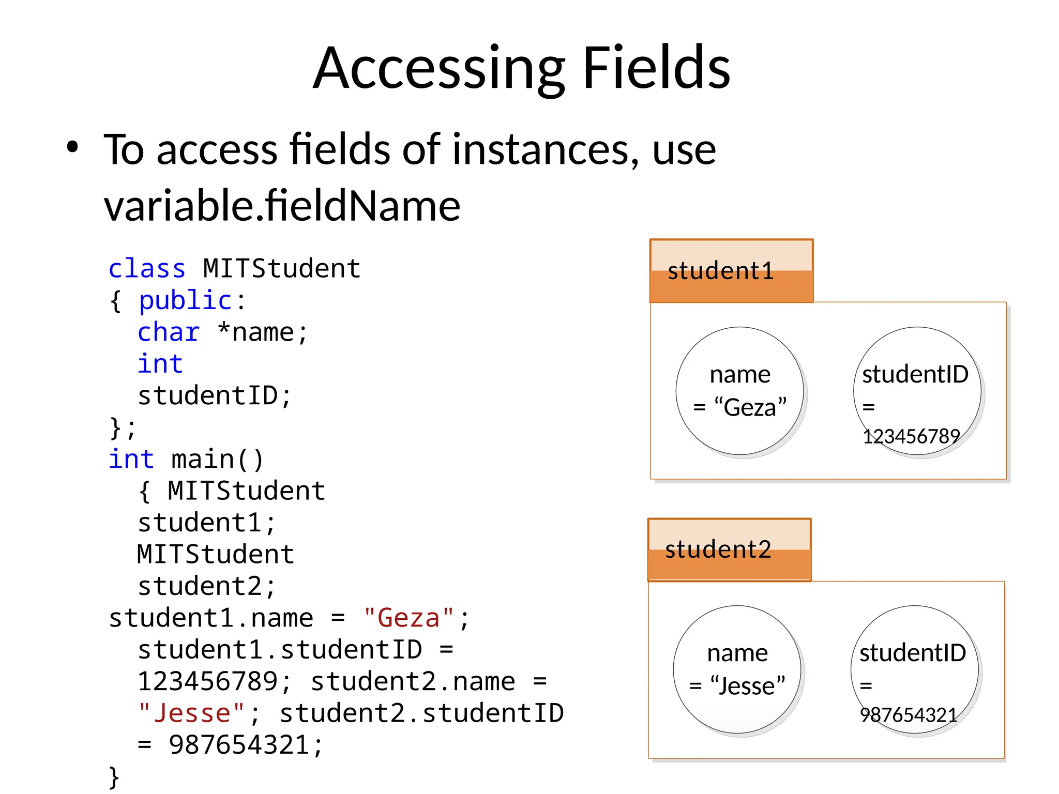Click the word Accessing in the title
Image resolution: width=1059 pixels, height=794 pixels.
440,69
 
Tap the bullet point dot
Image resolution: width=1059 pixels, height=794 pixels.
72,147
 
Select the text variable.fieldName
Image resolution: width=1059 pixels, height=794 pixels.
282,206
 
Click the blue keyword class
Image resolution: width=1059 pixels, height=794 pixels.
147,269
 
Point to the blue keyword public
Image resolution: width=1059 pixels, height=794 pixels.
185,301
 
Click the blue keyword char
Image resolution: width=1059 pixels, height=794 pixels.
169,332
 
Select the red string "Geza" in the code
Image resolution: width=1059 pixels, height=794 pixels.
409,618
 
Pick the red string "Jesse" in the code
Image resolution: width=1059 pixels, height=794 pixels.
191,713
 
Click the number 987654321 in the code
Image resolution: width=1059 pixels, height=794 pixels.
239,745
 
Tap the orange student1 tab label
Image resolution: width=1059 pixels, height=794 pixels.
720,271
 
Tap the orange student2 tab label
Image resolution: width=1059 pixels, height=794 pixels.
718,549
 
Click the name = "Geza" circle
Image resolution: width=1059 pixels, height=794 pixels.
740,391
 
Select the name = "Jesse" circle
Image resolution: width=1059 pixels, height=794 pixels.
737,669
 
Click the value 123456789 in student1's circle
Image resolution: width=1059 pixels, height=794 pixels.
911,437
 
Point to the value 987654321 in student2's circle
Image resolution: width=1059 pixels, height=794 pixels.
909,715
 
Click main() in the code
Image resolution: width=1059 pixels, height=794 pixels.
217,460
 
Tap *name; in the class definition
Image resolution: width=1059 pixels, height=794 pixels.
263,332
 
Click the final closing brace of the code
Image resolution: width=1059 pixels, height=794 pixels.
114,777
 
